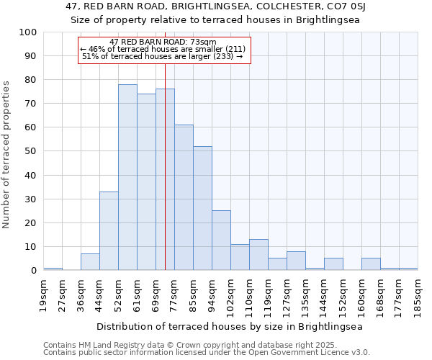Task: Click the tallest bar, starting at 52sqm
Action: point(127,177)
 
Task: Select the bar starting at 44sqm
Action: point(109,230)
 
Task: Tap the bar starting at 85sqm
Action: point(202,208)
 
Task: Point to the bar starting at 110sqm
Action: point(258,255)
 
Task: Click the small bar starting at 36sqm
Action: point(90,262)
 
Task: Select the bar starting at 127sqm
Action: point(296,261)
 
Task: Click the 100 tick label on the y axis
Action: point(28,32)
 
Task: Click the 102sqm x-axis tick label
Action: point(231,293)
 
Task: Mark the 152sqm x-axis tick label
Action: point(343,293)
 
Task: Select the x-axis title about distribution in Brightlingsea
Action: point(230,326)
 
